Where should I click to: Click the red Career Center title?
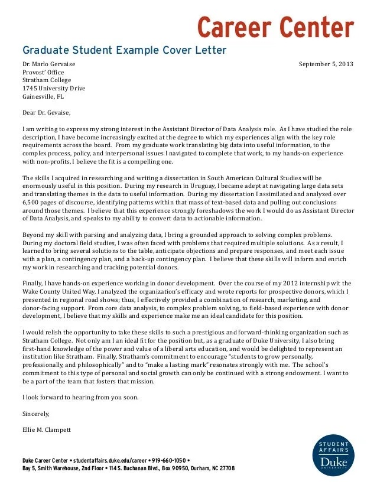[275, 27]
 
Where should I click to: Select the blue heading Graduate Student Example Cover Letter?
[124, 50]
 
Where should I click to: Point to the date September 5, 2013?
[326, 64]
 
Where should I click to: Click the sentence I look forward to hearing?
[80, 397]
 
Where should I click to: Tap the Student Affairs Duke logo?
[334, 456]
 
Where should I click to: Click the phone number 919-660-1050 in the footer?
[168, 460]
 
